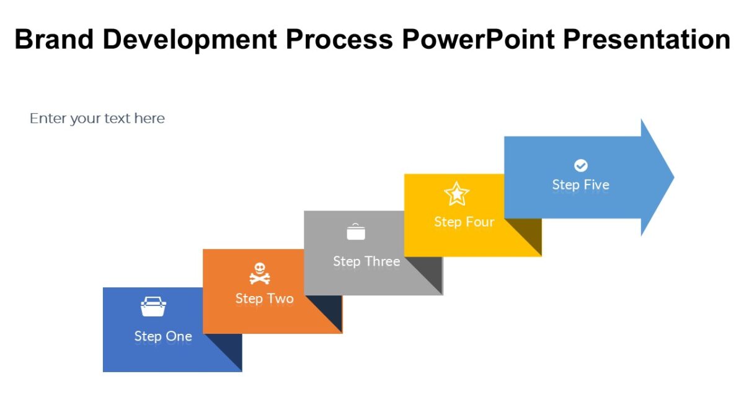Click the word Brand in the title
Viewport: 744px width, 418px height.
[54, 40]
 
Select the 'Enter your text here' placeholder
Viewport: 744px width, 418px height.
[97, 118]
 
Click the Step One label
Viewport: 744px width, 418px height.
[163, 336]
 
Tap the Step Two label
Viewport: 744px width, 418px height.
[264, 298]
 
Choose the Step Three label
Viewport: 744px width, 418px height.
[366, 261]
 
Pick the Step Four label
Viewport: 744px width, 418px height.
[464, 222]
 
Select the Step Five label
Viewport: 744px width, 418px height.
[580, 185]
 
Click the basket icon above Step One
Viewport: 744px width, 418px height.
[153, 307]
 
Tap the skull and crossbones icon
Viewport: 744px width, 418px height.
[260, 273]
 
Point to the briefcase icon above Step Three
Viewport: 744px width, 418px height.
[356, 232]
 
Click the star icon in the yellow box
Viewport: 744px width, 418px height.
[457, 194]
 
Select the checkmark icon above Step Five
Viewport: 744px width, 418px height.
[581, 165]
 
